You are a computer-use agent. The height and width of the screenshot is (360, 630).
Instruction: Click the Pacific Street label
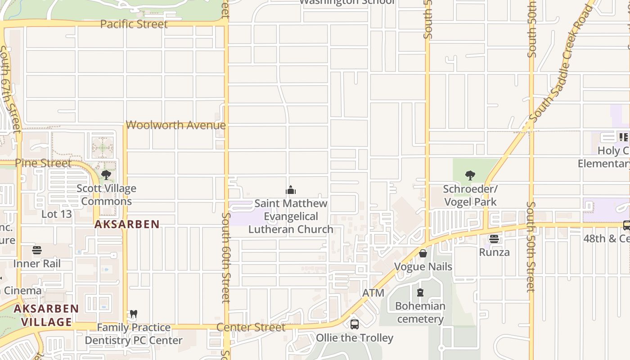[134, 24]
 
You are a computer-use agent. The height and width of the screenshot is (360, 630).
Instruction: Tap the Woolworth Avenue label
[175, 125]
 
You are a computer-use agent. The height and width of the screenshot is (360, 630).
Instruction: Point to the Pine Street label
[43, 162]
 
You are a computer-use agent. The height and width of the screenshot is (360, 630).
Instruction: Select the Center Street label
[251, 327]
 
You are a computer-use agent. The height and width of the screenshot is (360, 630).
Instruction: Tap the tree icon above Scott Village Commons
[106, 175]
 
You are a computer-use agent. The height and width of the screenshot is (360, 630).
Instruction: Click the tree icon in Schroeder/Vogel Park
[470, 175]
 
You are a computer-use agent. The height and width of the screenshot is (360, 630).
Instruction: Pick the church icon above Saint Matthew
[291, 190]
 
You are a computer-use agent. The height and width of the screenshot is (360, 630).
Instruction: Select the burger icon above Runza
[494, 239]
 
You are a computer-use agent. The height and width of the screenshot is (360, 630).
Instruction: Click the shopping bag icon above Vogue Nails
[423, 253]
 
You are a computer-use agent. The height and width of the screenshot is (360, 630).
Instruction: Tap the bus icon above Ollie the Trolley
[355, 324]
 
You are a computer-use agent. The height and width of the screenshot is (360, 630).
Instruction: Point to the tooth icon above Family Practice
[133, 314]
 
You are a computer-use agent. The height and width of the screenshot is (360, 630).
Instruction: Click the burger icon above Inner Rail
[37, 250]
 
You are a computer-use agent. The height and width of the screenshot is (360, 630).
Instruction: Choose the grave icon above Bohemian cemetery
[420, 293]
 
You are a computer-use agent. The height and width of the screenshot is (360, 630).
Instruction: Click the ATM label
[373, 293]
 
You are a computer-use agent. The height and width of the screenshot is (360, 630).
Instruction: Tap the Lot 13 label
[56, 214]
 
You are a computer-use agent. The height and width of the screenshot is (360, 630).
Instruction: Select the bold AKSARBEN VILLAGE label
[46, 315]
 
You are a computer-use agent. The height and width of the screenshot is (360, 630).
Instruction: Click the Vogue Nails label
[423, 266]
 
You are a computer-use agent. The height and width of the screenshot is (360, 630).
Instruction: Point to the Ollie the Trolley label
[355, 337]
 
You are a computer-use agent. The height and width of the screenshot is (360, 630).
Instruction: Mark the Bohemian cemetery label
[420, 312]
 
